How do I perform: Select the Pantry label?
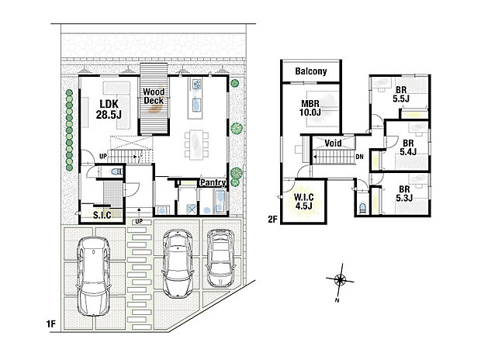pyautogui.click(x=212, y=182)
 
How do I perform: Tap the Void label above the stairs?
pyautogui.click(x=334, y=144)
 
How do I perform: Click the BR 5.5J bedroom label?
pyautogui.click(x=401, y=95)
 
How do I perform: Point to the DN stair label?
pyautogui.click(x=359, y=156)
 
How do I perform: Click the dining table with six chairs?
pyautogui.click(x=196, y=144)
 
